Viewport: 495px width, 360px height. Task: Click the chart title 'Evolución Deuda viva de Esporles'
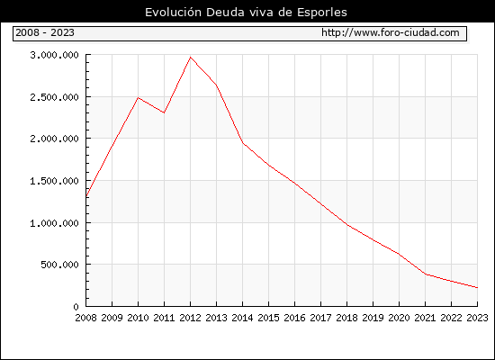click(246, 13)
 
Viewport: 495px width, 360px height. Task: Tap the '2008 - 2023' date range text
click(45, 32)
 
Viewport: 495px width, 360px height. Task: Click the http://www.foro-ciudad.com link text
click(391, 32)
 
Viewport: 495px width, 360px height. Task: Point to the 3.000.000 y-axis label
click(54, 55)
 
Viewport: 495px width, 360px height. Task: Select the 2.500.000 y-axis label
click(54, 97)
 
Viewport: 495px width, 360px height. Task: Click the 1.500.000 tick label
click(54, 181)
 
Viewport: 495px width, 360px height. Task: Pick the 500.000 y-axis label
click(59, 265)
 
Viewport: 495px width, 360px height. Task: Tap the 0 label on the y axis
click(76, 307)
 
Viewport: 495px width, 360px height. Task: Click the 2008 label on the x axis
click(85, 318)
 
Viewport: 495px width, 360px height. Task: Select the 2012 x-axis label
click(191, 318)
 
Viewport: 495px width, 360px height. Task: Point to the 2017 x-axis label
click(320, 318)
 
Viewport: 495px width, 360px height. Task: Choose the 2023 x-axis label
click(477, 318)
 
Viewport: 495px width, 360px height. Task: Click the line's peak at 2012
click(191, 58)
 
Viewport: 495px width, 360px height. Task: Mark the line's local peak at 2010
click(139, 97)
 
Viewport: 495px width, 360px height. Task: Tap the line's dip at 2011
click(164, 112)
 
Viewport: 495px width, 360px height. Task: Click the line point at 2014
click(243, 143)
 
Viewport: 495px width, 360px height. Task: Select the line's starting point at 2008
click(86, 196)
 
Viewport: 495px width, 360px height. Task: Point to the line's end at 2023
click(477, 288)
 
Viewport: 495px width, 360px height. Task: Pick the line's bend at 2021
click(425, 274)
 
